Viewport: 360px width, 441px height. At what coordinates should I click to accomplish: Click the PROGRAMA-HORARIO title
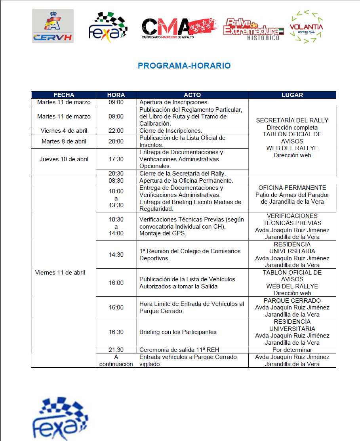[184, 66]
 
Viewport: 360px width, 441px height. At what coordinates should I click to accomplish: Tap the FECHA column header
[64, 95]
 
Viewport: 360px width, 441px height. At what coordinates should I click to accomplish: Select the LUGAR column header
[292, 95]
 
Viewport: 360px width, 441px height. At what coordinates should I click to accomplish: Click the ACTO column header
[192, 95]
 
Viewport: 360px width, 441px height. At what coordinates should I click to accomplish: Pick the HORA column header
[116, 95]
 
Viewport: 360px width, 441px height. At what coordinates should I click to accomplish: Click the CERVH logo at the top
[53, 26]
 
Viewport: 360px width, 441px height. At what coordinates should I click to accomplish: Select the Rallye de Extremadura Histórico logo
[253, 29]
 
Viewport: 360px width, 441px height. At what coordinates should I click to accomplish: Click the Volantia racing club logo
[306, 27]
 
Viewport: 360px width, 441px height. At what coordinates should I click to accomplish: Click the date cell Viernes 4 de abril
[64, 131]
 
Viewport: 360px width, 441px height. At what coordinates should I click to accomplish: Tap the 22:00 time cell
[116, 131]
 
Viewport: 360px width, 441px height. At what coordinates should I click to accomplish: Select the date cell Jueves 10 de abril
[64, 159]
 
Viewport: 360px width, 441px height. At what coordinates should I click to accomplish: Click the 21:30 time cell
[116, 350]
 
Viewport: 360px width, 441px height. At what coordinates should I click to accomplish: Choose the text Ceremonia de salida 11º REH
[179, 350]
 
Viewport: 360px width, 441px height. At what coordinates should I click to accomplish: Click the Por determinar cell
[292, 350]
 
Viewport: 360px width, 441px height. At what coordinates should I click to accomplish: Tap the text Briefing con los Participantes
[178, 332]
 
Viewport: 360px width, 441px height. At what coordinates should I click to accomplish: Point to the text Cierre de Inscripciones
[171, 131]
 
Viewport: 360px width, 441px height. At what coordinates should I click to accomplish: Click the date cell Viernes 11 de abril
[60, 273]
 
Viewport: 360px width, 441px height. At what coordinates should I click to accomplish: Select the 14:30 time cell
[116, 255]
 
